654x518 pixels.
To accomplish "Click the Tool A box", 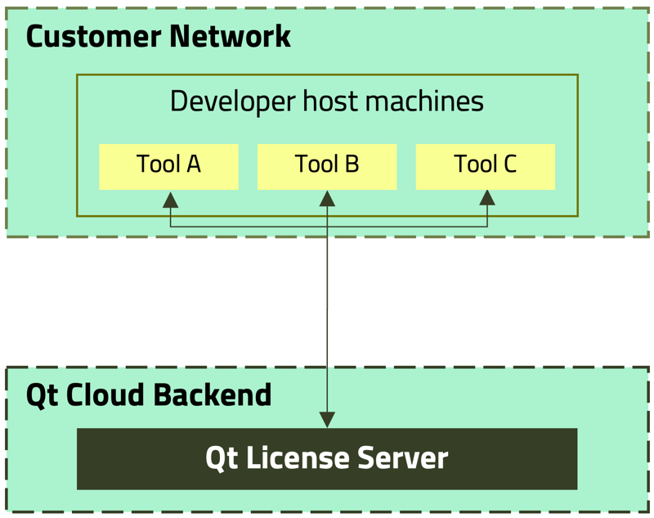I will click(168, 166).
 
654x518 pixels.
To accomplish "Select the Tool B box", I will click(327, 166).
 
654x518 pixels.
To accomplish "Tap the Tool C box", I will click(486, 166).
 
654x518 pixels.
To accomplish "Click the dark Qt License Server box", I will click(327, 458).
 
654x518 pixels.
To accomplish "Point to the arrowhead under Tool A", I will click(170, 200).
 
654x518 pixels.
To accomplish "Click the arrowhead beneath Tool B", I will click(327, 199).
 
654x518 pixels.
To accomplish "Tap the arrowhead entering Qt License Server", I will click(327, 419).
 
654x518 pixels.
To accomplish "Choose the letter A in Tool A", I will click(192, 164).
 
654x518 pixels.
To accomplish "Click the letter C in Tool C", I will click(508, 164).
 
